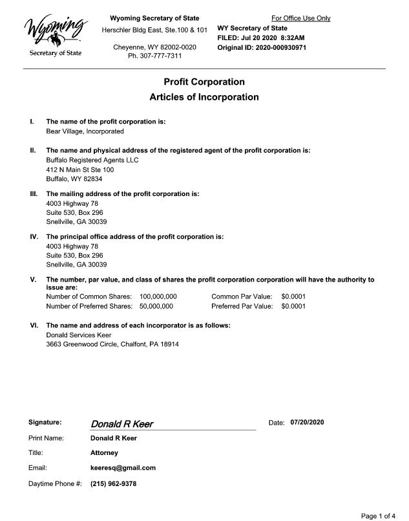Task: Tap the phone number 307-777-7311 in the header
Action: click(x=154, y=56)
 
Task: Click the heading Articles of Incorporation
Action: click(x=204, y=97)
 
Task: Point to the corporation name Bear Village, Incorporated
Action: click(x=85, y=131)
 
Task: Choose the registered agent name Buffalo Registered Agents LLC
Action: click(x=92, y=160)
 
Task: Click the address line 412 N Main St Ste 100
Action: click(x=79, y=170)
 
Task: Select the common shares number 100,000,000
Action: click(x=158, y=296)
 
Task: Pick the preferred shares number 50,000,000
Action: click(x=156, y=306)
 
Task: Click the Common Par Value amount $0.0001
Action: click(x=293, y=296)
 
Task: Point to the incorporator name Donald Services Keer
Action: click(x=79, y=335)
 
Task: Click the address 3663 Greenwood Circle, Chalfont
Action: click(x=112, y=344)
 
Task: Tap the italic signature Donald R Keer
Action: click(x=122, y=425)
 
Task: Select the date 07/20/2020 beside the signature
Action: click(x=307, y=423)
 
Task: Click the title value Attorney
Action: click(x=104, y=453)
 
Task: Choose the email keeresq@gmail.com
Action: click(x=123, y=468)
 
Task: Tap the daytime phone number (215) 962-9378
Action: click(x=113, y=483)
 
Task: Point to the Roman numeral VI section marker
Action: click(x=34, y=326)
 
